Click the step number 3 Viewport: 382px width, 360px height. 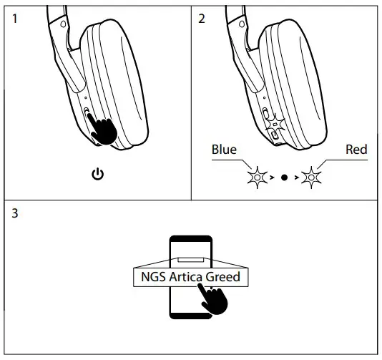pyautogui.click(x=15, y=214)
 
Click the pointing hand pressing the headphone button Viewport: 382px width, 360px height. pyautogui.click(x=105, y=131)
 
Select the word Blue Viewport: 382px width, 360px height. pyautogui.click(x=224, y=150)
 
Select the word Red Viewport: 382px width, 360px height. pyautogui.click(x=356, y=150)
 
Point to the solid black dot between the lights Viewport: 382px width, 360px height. pyautogui.click(x=284, y=175)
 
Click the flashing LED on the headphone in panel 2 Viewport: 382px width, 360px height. pyautogui.click(x=275, y=124)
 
